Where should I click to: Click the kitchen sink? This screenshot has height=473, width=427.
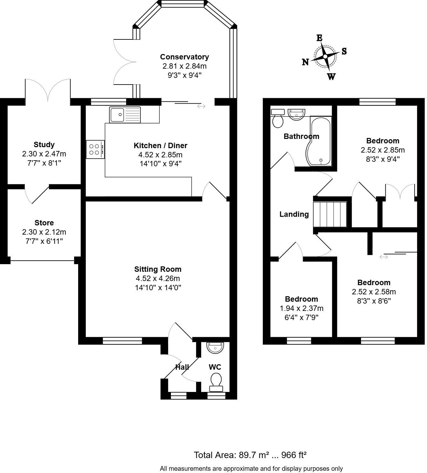point(125,114)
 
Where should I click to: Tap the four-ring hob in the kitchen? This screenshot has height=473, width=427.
point(95,149)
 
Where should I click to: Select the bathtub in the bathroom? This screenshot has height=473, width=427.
point(321,141)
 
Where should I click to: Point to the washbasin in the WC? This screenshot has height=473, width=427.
point(215,347)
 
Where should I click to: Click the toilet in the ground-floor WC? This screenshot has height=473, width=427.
point(216,382)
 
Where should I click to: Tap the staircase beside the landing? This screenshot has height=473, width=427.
point(330,214)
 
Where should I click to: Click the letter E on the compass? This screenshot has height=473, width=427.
point(319,38)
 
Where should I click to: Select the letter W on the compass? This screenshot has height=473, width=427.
point(331,77)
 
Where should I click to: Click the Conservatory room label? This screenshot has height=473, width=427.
point(184,57)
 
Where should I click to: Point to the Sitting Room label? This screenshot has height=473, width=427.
point(158,269)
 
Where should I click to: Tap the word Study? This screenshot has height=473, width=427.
point(44,145)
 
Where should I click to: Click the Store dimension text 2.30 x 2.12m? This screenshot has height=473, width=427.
point(44,232)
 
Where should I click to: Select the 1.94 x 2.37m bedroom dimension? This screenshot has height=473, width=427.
point(301,308)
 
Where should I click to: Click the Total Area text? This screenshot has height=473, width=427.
point(250,455)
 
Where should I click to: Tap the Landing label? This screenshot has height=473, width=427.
point(294,214)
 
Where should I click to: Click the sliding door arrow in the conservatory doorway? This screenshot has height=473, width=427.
point(201,106)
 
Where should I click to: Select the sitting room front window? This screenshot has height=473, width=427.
point(122,341)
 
